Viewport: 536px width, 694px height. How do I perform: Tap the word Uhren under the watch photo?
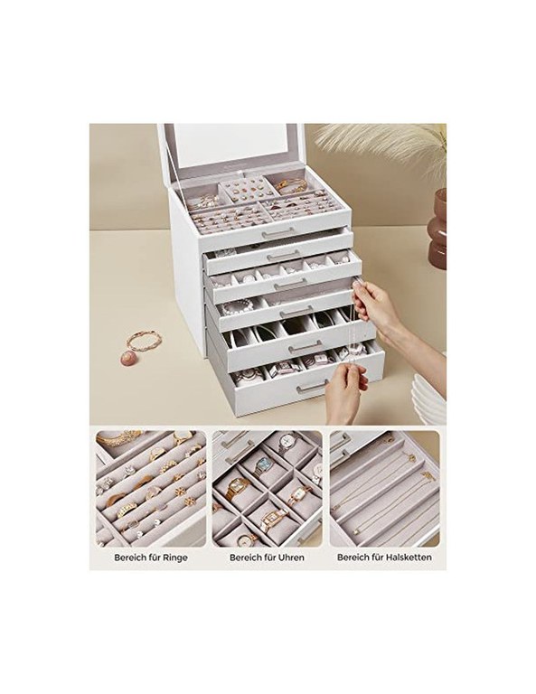pyautogui.click(x=290, y=558)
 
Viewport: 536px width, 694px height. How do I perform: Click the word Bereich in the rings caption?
pyautogui.click(x=128, y=558)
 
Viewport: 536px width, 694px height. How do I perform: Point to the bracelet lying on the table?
pyautogui.click(x=144, y=341)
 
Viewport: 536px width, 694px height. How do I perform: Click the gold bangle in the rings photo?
pyautogui.click(x=114, y=439)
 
